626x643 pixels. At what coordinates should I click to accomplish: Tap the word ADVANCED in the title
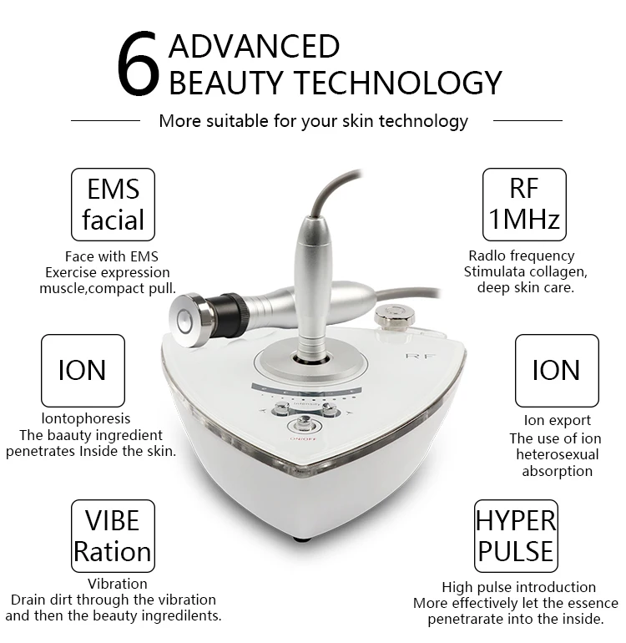coord(254,45)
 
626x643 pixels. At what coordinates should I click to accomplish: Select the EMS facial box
coord(114,205)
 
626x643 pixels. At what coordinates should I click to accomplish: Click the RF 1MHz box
coord(524,205)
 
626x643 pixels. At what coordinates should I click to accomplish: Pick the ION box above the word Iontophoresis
coord(82,370)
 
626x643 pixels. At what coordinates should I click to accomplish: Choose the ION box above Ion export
coord(556,370)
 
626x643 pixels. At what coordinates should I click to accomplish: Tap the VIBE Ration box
coord(112,535)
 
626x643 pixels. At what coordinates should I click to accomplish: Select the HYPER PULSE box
coord(515,535)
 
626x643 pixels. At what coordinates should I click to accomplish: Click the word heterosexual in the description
coord(557,454)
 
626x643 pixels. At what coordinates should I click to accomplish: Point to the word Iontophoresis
coord(85,418)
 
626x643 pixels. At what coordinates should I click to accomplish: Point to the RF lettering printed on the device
coord(416,356)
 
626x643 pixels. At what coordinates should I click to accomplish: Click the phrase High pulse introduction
coord(518,587)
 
